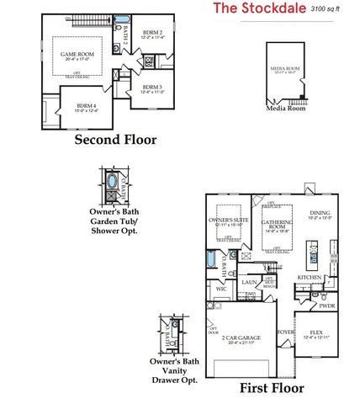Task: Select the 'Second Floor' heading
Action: pyautogui.click(x=115, y=140)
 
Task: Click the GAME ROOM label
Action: pyautogui.click(x=75, y=56)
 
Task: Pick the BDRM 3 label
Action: pyautogui.click(x=152, y=88)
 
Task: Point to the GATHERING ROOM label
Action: pyautogui.click(x=276, y=223)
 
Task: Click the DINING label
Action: pyautogui.click(x=320, y=215)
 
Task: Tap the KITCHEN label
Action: pyautogui.click(x=309, y=277)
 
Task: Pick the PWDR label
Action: pyautogui.click(x=326, y=306)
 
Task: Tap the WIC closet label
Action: pyautogui.click(x=221, y=289)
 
